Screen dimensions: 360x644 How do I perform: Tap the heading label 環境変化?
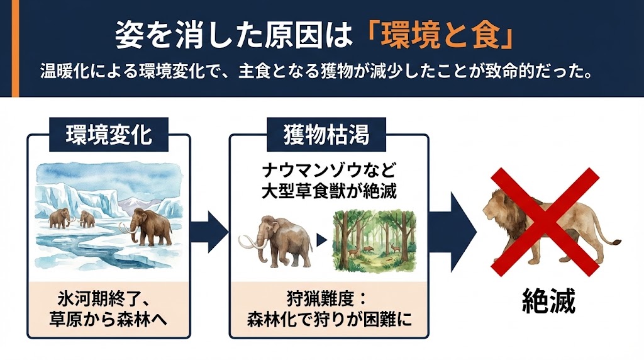point(109,135)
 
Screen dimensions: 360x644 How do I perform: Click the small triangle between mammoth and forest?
point(321,239)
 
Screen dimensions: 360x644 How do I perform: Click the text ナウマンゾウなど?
point(328,171)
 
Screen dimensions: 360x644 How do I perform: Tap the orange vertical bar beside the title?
point(16,48)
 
